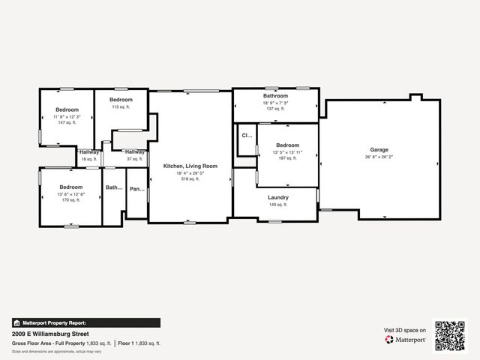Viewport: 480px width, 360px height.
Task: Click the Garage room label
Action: click(379, 149)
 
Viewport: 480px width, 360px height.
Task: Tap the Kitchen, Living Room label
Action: click(190, 166)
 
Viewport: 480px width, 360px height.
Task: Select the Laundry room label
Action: click(277, 197)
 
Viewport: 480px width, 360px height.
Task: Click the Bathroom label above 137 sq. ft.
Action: click(275, 96)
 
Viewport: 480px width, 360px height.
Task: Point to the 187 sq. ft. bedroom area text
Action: click(287, 158)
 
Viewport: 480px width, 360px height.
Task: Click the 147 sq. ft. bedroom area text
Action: click(67, 123)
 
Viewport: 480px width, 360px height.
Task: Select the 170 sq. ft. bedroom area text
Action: click(70, 199)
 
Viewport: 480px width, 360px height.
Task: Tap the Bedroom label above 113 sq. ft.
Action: click(121, 100)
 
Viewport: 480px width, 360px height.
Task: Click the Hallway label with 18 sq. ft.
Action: click(89, 152)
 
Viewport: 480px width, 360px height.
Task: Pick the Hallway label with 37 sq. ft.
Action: click(135, 152)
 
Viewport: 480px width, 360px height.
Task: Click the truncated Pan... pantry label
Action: click(136, 189)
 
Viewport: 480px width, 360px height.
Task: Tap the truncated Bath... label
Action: click(113, 188)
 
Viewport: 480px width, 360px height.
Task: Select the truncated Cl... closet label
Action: click(246, 136)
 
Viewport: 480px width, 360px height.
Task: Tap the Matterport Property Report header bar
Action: click(85, 322)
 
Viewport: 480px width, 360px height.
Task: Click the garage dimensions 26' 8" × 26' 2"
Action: click(379, 157)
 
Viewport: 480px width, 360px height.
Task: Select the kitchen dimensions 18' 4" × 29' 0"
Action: click(190, 173)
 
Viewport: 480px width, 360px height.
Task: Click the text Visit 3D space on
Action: click(405, 330)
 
